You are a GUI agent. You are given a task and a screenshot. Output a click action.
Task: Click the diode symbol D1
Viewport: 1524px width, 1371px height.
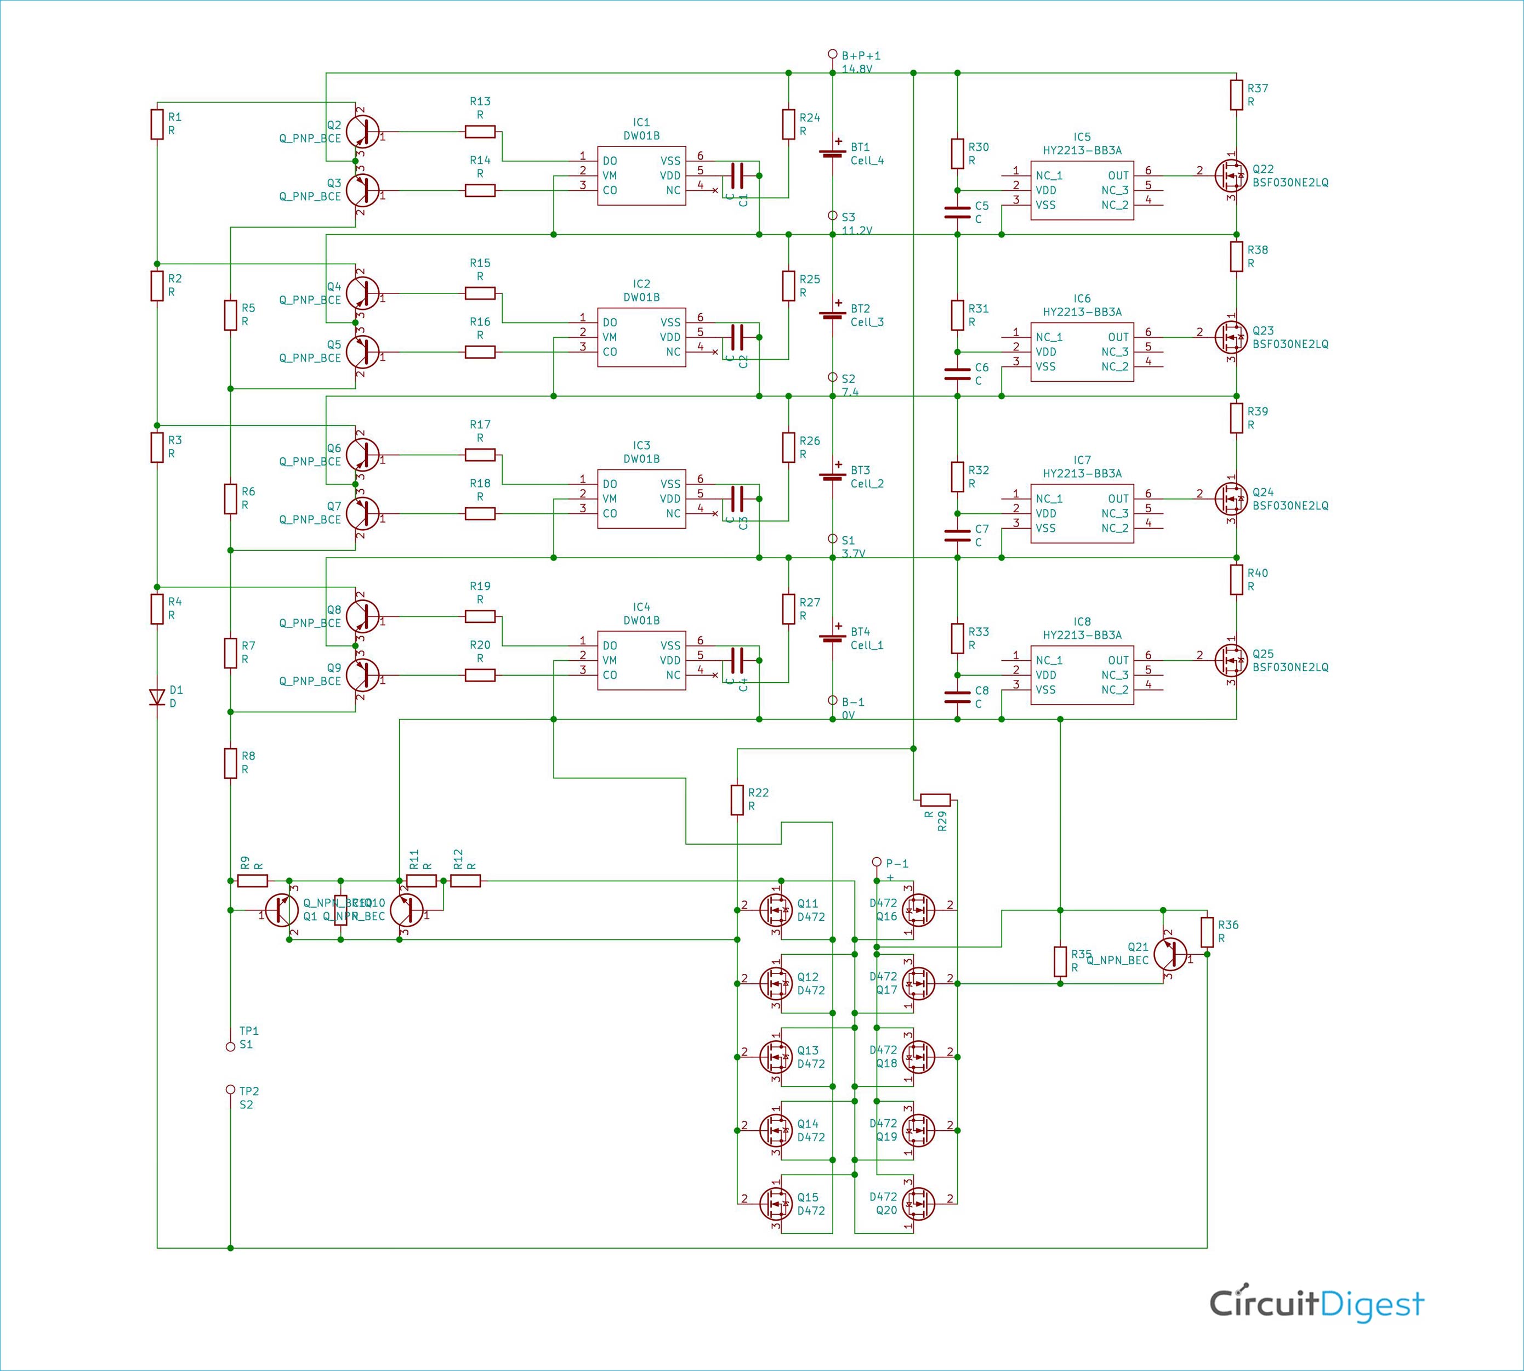[157, 698]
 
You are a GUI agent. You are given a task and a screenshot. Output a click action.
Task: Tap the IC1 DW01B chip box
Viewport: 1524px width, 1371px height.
[641, 175]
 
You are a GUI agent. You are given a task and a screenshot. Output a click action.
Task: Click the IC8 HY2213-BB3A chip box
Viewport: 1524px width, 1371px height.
[1082, 675]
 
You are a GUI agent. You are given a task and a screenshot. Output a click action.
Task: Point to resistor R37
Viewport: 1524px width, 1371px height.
[1236, 95]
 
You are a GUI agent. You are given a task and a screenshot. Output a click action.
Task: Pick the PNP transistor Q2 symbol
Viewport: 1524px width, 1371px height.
[362, 131]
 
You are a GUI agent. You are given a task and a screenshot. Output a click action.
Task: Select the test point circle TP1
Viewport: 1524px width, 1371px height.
[230, 1047]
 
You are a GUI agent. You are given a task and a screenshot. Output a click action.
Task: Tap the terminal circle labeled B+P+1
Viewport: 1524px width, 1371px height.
[832, 54]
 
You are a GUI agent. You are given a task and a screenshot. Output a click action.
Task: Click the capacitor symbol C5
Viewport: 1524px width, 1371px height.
[957, 212]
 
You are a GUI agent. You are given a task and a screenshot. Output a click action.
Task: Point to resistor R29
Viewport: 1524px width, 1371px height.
[935, 800]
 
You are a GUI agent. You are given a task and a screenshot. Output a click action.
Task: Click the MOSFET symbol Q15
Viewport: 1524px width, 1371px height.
[776, 1204]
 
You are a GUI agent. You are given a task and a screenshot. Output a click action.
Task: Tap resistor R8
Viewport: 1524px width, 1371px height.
[230, 763]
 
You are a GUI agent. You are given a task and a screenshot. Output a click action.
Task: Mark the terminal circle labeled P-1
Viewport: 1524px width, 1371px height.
[875, 862]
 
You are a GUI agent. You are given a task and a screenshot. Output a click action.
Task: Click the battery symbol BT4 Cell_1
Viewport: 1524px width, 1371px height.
[832, 637]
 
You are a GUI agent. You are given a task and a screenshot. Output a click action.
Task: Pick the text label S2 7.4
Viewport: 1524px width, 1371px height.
[849, 385]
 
